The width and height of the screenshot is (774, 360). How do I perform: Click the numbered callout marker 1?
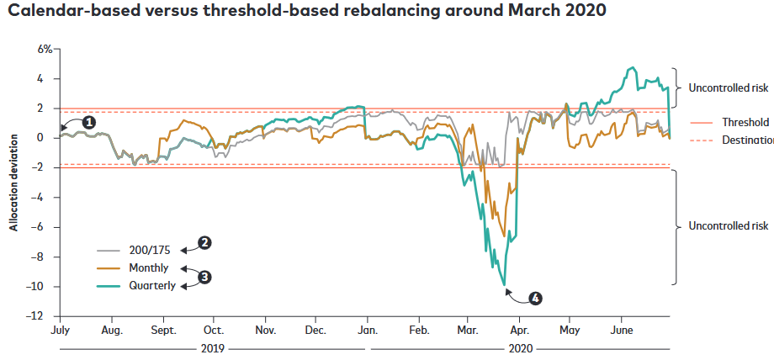(88, 122)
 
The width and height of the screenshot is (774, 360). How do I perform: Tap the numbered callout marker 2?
(204, 242)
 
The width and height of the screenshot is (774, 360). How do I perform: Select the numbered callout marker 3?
(204, 275)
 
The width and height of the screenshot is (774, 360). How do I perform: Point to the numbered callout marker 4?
(536, 298)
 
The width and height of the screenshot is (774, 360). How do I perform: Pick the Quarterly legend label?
(153, 286)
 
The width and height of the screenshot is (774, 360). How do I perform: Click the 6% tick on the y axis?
(44, 50)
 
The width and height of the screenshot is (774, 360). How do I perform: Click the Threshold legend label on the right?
(745, 122)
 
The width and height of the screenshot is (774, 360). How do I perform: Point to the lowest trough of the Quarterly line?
(506, 285)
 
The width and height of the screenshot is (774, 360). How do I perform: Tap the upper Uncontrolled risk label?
(728, 87)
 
